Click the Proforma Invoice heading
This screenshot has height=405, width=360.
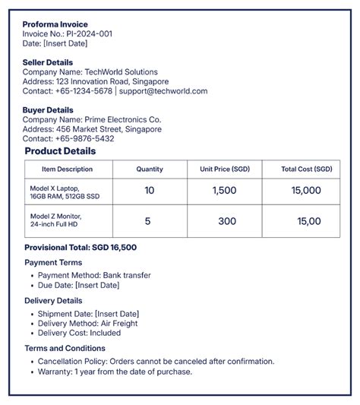click(55, 24)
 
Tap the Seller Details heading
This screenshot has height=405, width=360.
click(48, 62)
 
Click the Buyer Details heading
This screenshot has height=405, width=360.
click(48, 110)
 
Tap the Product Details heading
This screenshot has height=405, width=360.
click(60, 151)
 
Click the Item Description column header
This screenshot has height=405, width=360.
click(67, 169)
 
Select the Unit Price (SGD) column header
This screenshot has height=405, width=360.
click(225, 169)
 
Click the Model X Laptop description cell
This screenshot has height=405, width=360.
click(65, 191)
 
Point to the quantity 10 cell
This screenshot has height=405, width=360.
click(149, 191)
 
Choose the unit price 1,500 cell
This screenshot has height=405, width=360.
click(225, 191)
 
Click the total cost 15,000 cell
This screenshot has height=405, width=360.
click(306, 191)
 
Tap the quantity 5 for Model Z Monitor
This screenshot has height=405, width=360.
click(147, 221)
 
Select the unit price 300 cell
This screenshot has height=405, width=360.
click(227, 221)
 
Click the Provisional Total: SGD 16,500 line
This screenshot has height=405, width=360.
click(81, 248)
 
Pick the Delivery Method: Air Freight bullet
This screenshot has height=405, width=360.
click(89, 324)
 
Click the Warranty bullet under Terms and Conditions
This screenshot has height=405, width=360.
click(115, 372)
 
